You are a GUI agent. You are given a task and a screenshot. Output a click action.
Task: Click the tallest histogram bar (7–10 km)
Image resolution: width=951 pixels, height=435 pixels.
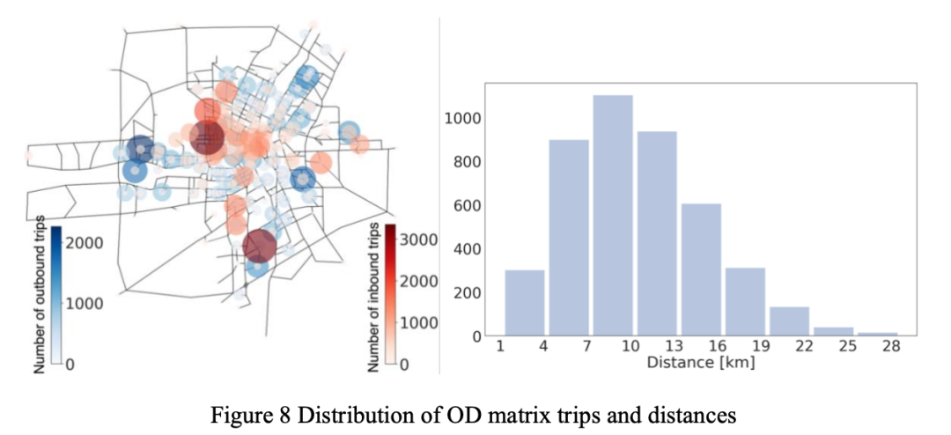pyautogui.click(x=613, y=216)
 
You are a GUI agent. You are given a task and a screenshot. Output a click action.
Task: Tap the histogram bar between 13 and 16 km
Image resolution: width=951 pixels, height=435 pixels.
pyautogui.click(x=701, y=269)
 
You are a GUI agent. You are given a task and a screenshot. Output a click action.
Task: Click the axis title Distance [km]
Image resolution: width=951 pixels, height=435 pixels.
pyautogui.click(x=700, y=363)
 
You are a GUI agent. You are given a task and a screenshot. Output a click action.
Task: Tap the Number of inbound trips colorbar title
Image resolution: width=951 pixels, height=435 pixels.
pyautogui.click(x=373, y=295)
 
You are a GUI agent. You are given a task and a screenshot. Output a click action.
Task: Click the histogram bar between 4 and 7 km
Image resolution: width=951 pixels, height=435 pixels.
pyautogui.click(x=569, y=238)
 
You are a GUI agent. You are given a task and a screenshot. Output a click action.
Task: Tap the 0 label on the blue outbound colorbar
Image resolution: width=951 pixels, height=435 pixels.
pyautogui.click(x=70, y=365)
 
